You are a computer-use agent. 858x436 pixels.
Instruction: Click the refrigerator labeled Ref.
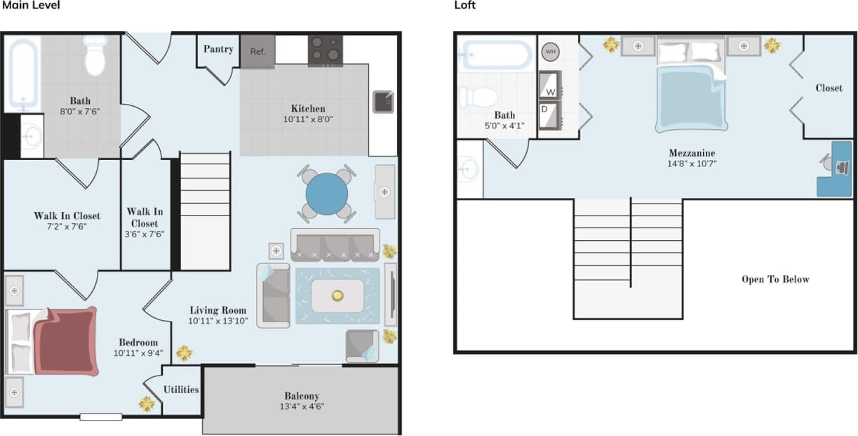(257, 51)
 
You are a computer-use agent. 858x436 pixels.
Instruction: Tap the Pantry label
(218, 49)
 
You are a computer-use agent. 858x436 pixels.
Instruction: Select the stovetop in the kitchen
(326, 51)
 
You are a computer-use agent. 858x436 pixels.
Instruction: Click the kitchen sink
(383, 102)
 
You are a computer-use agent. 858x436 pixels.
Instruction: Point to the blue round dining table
(327, 194)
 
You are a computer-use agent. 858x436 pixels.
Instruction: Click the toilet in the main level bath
(95, 56)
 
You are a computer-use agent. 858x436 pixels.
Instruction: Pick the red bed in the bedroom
(66, 341)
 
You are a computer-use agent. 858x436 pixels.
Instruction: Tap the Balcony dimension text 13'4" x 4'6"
(302, 407)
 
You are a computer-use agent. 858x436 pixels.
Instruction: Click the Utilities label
(181, 390)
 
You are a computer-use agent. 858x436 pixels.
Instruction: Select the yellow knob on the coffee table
(337, 296)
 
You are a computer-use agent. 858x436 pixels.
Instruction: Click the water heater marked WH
(551, 52)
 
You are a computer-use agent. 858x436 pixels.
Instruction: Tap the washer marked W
(550, 85)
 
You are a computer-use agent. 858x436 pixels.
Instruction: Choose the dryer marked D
(550, 115)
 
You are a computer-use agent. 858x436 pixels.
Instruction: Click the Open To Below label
(775, 279)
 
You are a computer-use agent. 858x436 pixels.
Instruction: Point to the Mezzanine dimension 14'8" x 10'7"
(692, 164)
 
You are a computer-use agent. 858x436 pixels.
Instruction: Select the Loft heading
(464, 5)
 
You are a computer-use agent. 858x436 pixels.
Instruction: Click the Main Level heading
(31, 5)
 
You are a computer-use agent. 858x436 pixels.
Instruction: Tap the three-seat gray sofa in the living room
(335, 246)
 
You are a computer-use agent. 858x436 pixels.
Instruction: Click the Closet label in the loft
(829, 88)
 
